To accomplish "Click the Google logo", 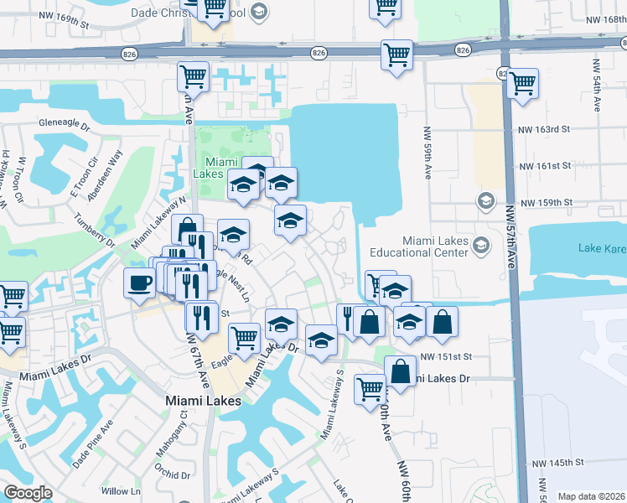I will coord(28,493).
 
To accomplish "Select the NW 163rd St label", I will coord(544,130).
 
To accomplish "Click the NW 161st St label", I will coord(544,166).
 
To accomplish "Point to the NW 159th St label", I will coord(546,203).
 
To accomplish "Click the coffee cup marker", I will coord(139,283).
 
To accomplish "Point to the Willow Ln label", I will coord(115,491).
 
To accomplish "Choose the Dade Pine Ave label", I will coord(91,443).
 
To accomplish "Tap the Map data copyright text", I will coord(592,496).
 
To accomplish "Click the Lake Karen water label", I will coord(602,247).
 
